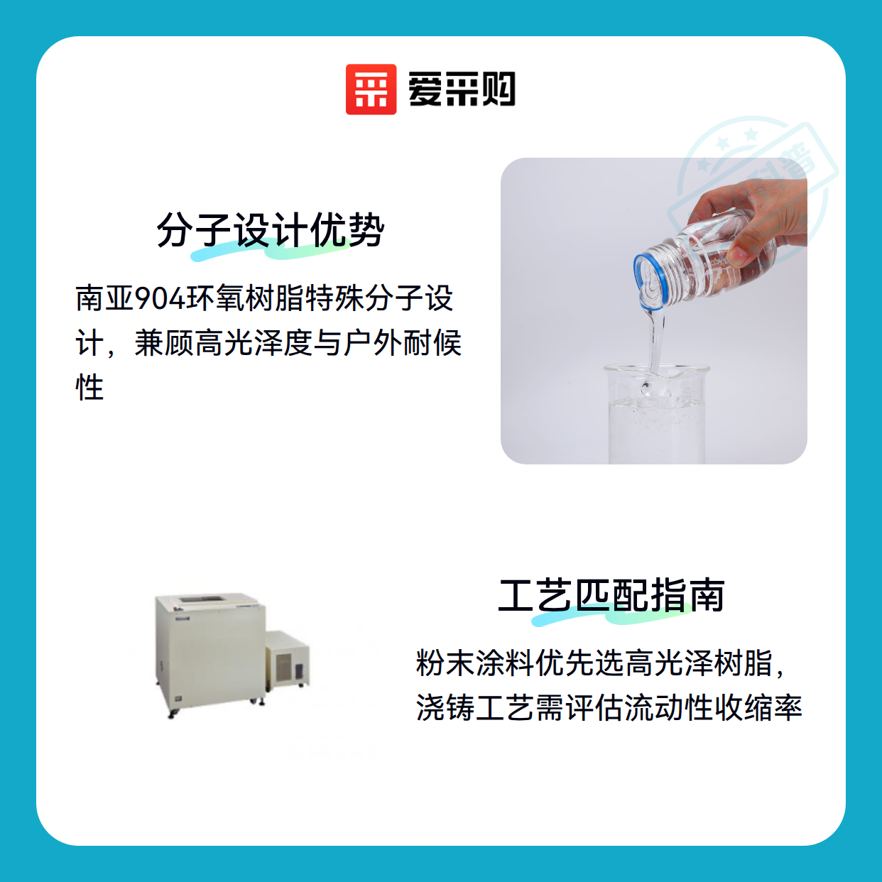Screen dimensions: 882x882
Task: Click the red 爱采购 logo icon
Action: tap(371, 89)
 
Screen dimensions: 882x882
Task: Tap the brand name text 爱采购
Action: tap(462, 89)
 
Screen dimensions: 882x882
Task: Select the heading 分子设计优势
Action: tap(271, 230)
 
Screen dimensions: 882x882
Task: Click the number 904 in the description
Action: tap(161, 298)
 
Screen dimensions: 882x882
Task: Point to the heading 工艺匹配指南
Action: tap(611, 595)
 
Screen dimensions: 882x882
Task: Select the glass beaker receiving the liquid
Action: tap(656, 414)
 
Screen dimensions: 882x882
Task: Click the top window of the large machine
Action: tap(202, 599)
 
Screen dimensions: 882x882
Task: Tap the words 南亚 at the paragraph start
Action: tap(105, 298)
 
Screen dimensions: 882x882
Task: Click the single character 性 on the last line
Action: tap(89, 387)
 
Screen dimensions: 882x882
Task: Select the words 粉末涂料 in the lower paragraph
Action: tap(474, 663)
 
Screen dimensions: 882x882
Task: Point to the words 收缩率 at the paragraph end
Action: tap(758, 707)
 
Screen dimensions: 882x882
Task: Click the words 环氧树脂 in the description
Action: tap(245, 298)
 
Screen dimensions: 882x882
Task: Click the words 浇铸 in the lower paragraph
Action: tap(445, 707)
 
